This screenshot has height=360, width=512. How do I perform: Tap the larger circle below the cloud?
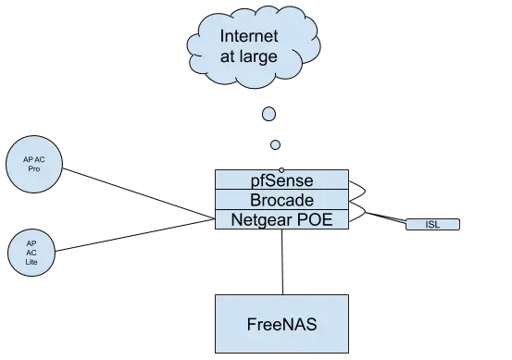pyautogui.click(x=268, y=115)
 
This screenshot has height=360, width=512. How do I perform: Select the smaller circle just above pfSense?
pyautogui.click(x=275, y=145)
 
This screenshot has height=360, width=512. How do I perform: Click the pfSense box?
pyautogui.click(x=281, y=180)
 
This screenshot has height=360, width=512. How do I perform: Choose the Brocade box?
pyautogui.click(x=281, y=199)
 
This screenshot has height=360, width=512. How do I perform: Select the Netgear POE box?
pyautogui.click(x=281, y=219)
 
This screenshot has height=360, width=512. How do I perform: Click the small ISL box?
pyautogui.click(x=432, y=225)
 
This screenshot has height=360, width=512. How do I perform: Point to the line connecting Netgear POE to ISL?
pyautogui.click(x=380, y=217)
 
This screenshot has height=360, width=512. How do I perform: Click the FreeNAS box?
pyautogui.click(x=281, y=324)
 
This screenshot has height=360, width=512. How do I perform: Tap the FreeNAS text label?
pyautogui.click(x=281, y=325)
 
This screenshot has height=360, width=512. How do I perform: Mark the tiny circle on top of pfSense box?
pyautogui.click(x=281, y=169)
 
